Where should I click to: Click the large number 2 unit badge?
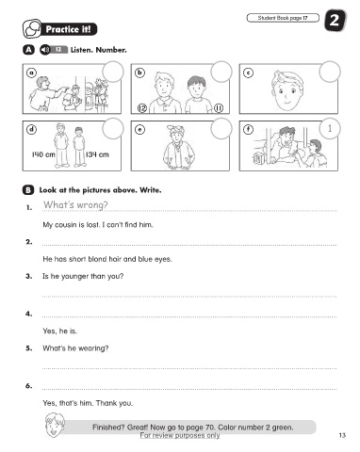[335, 21]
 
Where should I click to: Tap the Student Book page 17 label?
[283, 18]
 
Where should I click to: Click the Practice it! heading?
[69, 29]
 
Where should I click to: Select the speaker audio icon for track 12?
[45, 50]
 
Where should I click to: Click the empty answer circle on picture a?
[113, 72]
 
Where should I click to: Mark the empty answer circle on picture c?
[330, 72]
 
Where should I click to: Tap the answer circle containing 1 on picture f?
[330, 128]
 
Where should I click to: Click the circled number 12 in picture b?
[142, 108]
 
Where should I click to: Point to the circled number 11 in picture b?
[219, 108]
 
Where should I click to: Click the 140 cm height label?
[43, 154]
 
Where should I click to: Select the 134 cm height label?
[97, 154]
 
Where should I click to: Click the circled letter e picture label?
[139, 129]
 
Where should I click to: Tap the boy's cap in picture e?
[175, 129]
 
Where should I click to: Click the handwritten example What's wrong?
[75, 205]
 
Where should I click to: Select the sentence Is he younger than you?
[83, 276]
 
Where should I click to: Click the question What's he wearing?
[75, 348]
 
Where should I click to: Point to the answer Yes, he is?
[59, 331]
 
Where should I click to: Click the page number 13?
[342, 435]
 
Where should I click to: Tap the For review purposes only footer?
[180, 435]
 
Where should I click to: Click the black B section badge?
[28, 190]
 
